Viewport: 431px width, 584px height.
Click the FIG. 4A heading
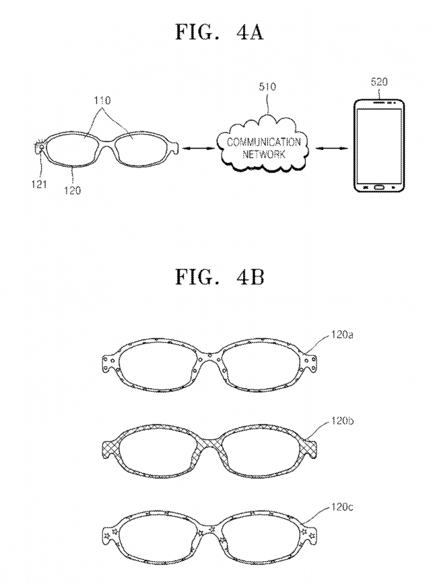pyautogui.click(x=220, y=32)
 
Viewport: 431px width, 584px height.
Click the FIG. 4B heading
pyautogui.click(x=220, y=277)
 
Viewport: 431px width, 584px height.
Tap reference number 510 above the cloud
pyautogui.click(x=267, y=87)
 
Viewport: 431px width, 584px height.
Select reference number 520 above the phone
pyautogui.click(x=378, y=81)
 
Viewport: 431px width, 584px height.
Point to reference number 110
pyautogui.click(x=102, y=100)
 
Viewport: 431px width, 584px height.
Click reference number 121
pyautogui.click(x=39, y=184)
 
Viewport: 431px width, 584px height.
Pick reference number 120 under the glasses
pyautogui.click(x=72, y=190)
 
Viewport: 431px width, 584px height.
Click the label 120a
pyautogui.click(x=342, y=335)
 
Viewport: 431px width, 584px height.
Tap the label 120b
pyautogui.click(x=342, y=421)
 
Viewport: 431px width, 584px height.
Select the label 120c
pyautogui.click(x=342, y=507)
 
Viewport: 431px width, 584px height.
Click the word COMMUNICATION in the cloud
pyautogui.click(x=263, y=142)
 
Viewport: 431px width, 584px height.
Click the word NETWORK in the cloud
pyautogui.click(x=263, y=154)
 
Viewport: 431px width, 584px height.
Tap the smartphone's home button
pyautogui.click(x=378, y=187)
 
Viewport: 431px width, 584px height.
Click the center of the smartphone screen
pyautogui.click(x=378, y=145)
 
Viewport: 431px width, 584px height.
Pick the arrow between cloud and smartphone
pyautogui.click(x=331, y=149)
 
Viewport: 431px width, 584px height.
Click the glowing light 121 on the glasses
pyautogui.click(x=40, y=147)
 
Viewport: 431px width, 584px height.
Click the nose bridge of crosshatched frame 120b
pyautogui.click(x=209, y=442)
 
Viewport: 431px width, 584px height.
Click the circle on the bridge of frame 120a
pyautogui.click(x=209, y=355)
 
